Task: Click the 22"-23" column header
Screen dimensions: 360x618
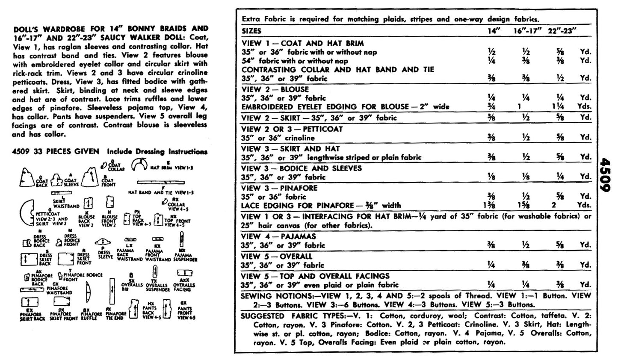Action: point(562,31)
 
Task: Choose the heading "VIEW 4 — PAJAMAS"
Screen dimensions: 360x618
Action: point(278,236)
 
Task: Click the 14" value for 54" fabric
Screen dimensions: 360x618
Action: point(491,61)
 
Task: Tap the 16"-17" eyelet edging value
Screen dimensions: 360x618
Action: point(520,107)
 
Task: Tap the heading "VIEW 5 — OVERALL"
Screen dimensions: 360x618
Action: point(277,257)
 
